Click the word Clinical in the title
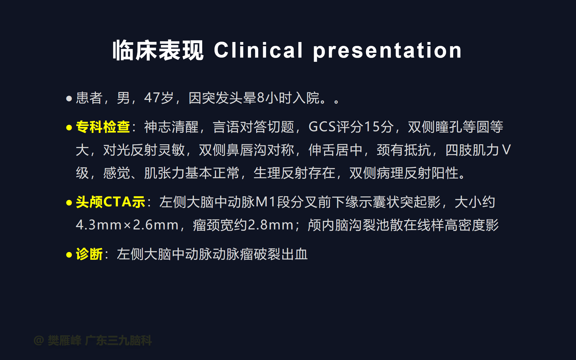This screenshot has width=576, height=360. click(x=258, y=50)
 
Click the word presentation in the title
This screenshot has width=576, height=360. click(x=387, y=51)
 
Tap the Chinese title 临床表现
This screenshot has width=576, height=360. click(x=158, y=50)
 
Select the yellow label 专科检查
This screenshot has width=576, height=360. click(x=103, y=127)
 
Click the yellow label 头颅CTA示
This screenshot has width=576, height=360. click(x=110, y=202)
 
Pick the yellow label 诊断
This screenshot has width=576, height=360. click(x=89, y=254)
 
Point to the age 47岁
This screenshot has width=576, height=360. click(x=159, y=98)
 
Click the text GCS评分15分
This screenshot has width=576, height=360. click(x=351, y=127)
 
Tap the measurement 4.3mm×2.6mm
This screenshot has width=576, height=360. click(x=127, y=225)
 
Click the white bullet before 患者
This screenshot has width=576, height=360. click(x=69, y=98)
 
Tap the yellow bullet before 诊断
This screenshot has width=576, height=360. click(x=69, y=255)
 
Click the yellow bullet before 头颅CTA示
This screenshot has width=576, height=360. click(x=69, y=203)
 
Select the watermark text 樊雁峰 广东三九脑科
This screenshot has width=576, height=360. click(x=100, y=340)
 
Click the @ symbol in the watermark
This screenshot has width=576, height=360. click(x=39, y=340)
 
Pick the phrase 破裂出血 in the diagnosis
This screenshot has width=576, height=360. click(x=281, y=254)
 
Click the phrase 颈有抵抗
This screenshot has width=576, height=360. click(x=404, y=150)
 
